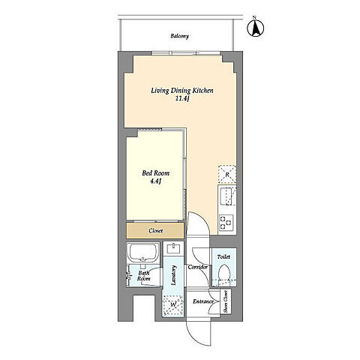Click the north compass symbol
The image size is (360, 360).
pos(256,27)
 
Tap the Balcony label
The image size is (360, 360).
pos(179,36)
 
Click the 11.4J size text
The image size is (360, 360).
pos(181,99)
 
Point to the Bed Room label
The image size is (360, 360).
pos(155,173)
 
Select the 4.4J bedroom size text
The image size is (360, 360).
pos(155,181)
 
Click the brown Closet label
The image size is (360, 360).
pos(155,231)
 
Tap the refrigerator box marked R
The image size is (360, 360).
pos(227,174)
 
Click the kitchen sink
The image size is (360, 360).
pos(227,197)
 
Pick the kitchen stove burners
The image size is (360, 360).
pos(226,223)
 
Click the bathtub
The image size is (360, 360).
pos(142,253)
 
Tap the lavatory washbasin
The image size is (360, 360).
pos(173,249)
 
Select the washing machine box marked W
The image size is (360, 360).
pos(172,305)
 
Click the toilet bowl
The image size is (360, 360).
pos(223,272)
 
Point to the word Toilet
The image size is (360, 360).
pos(223,256)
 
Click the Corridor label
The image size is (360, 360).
pos(198,267)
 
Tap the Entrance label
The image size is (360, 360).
pos(203,301)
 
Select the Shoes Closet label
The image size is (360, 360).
pos(226,301)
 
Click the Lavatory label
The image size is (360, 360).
pos(173,276)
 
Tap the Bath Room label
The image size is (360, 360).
pos(144,276)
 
